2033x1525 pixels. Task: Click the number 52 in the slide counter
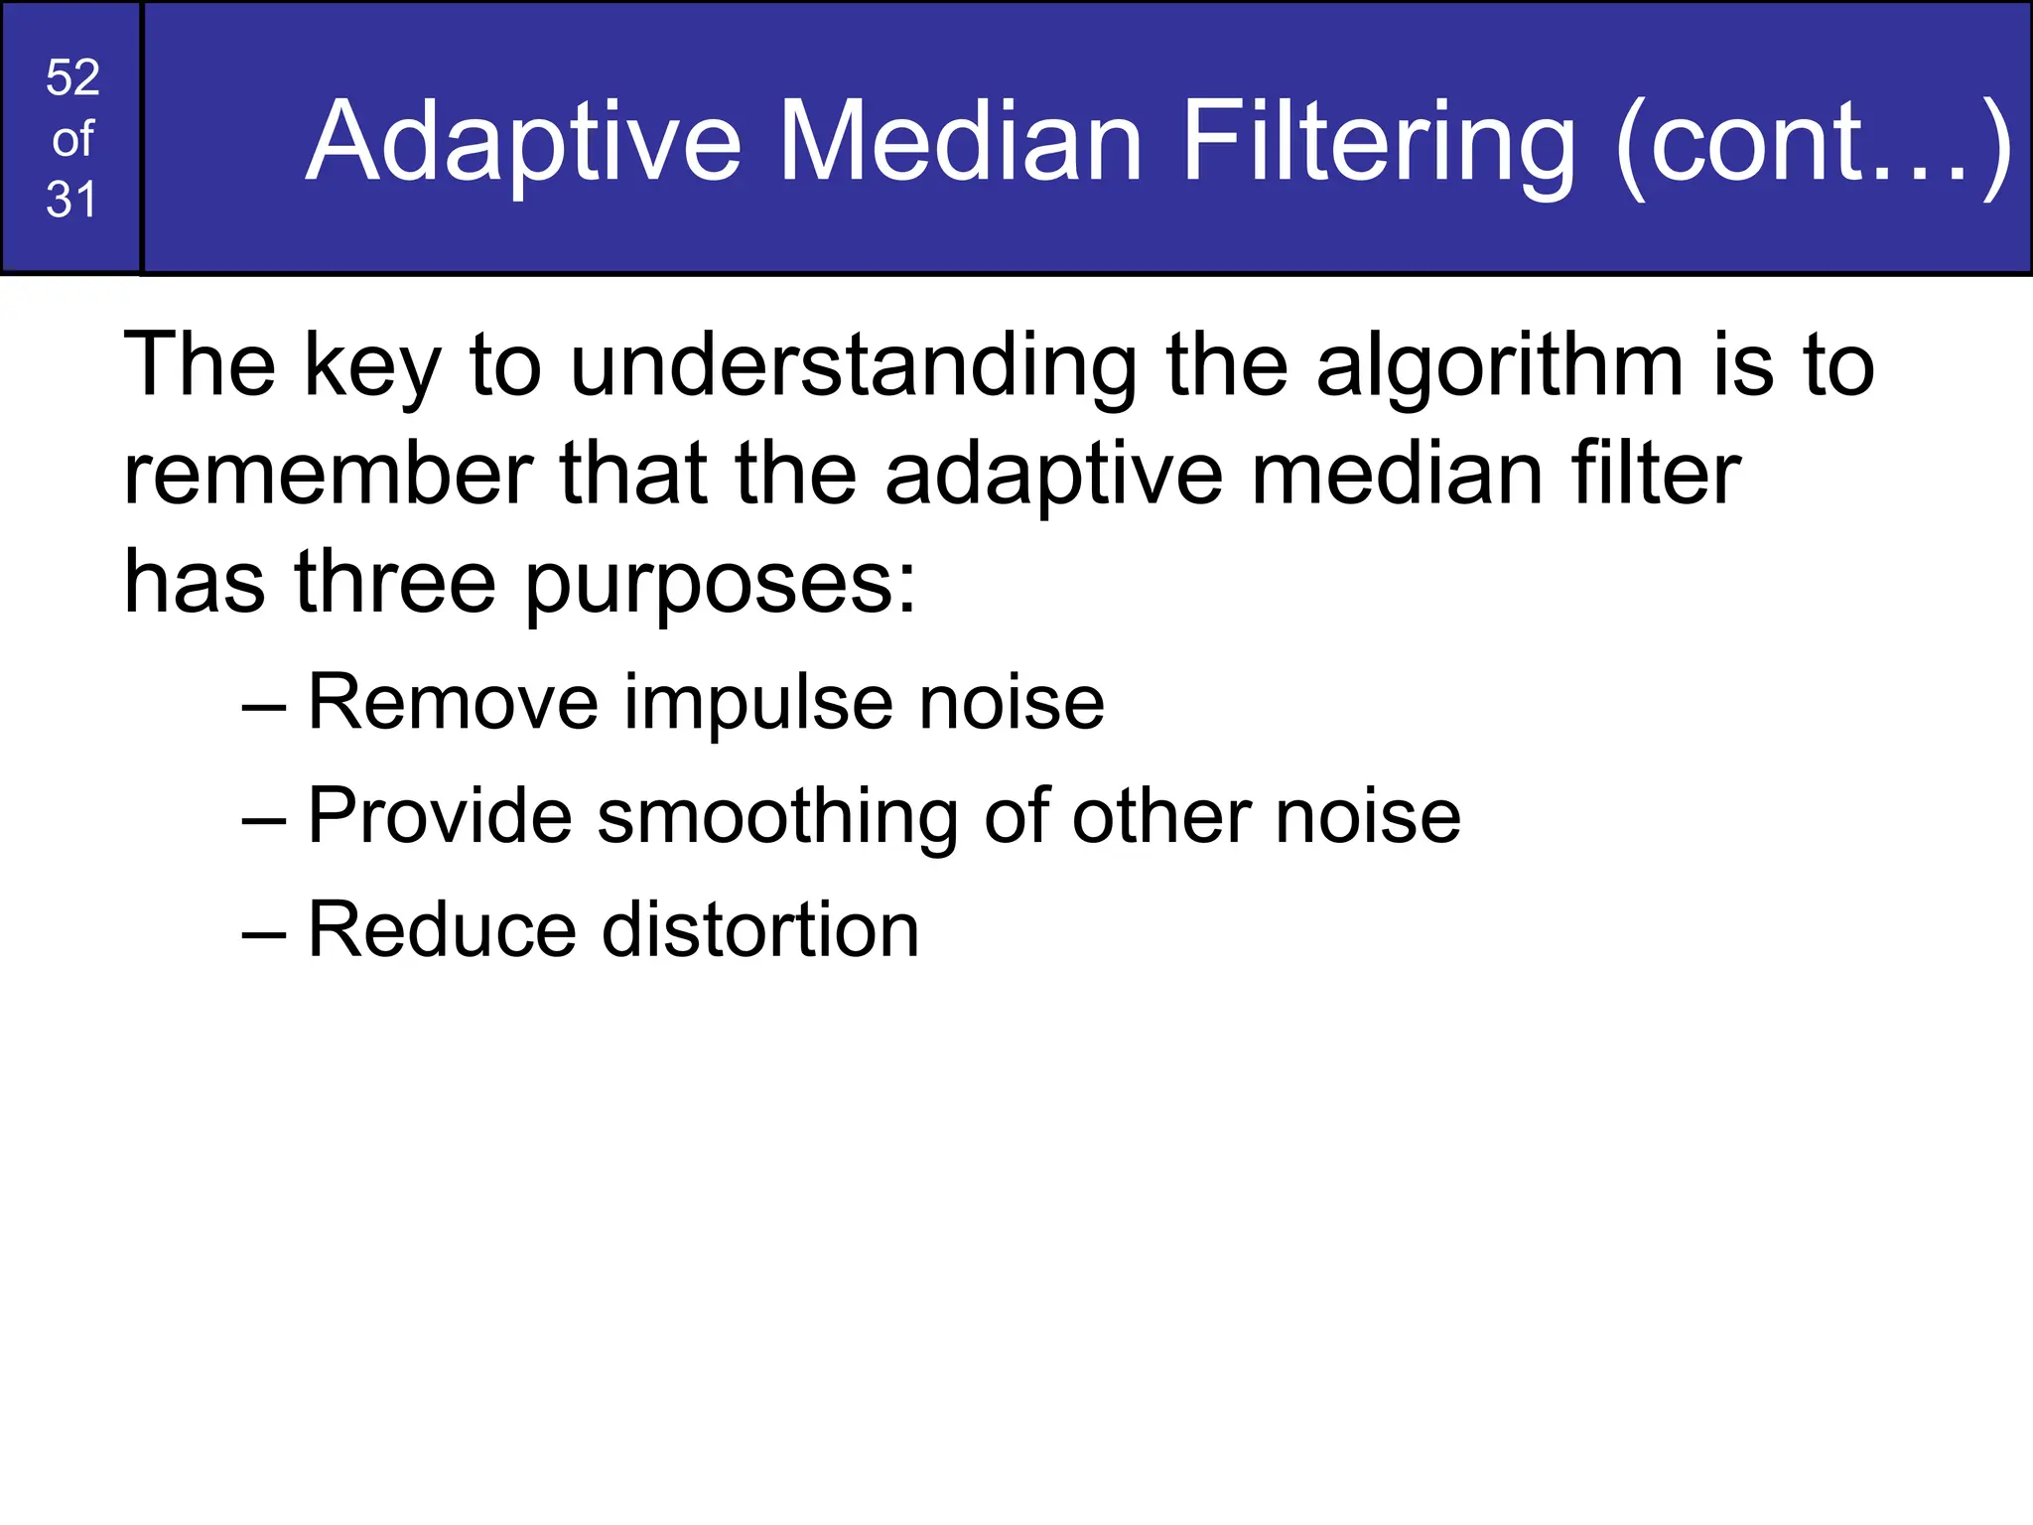72,77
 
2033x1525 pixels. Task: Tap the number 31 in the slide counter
71,200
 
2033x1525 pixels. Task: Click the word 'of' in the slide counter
72,139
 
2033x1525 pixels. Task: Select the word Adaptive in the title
524,143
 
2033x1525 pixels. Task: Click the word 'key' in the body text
372,367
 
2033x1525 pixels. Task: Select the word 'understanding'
854,367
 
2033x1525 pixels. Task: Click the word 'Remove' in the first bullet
453,702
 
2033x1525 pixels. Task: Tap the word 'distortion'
760,929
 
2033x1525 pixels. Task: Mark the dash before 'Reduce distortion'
263,933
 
